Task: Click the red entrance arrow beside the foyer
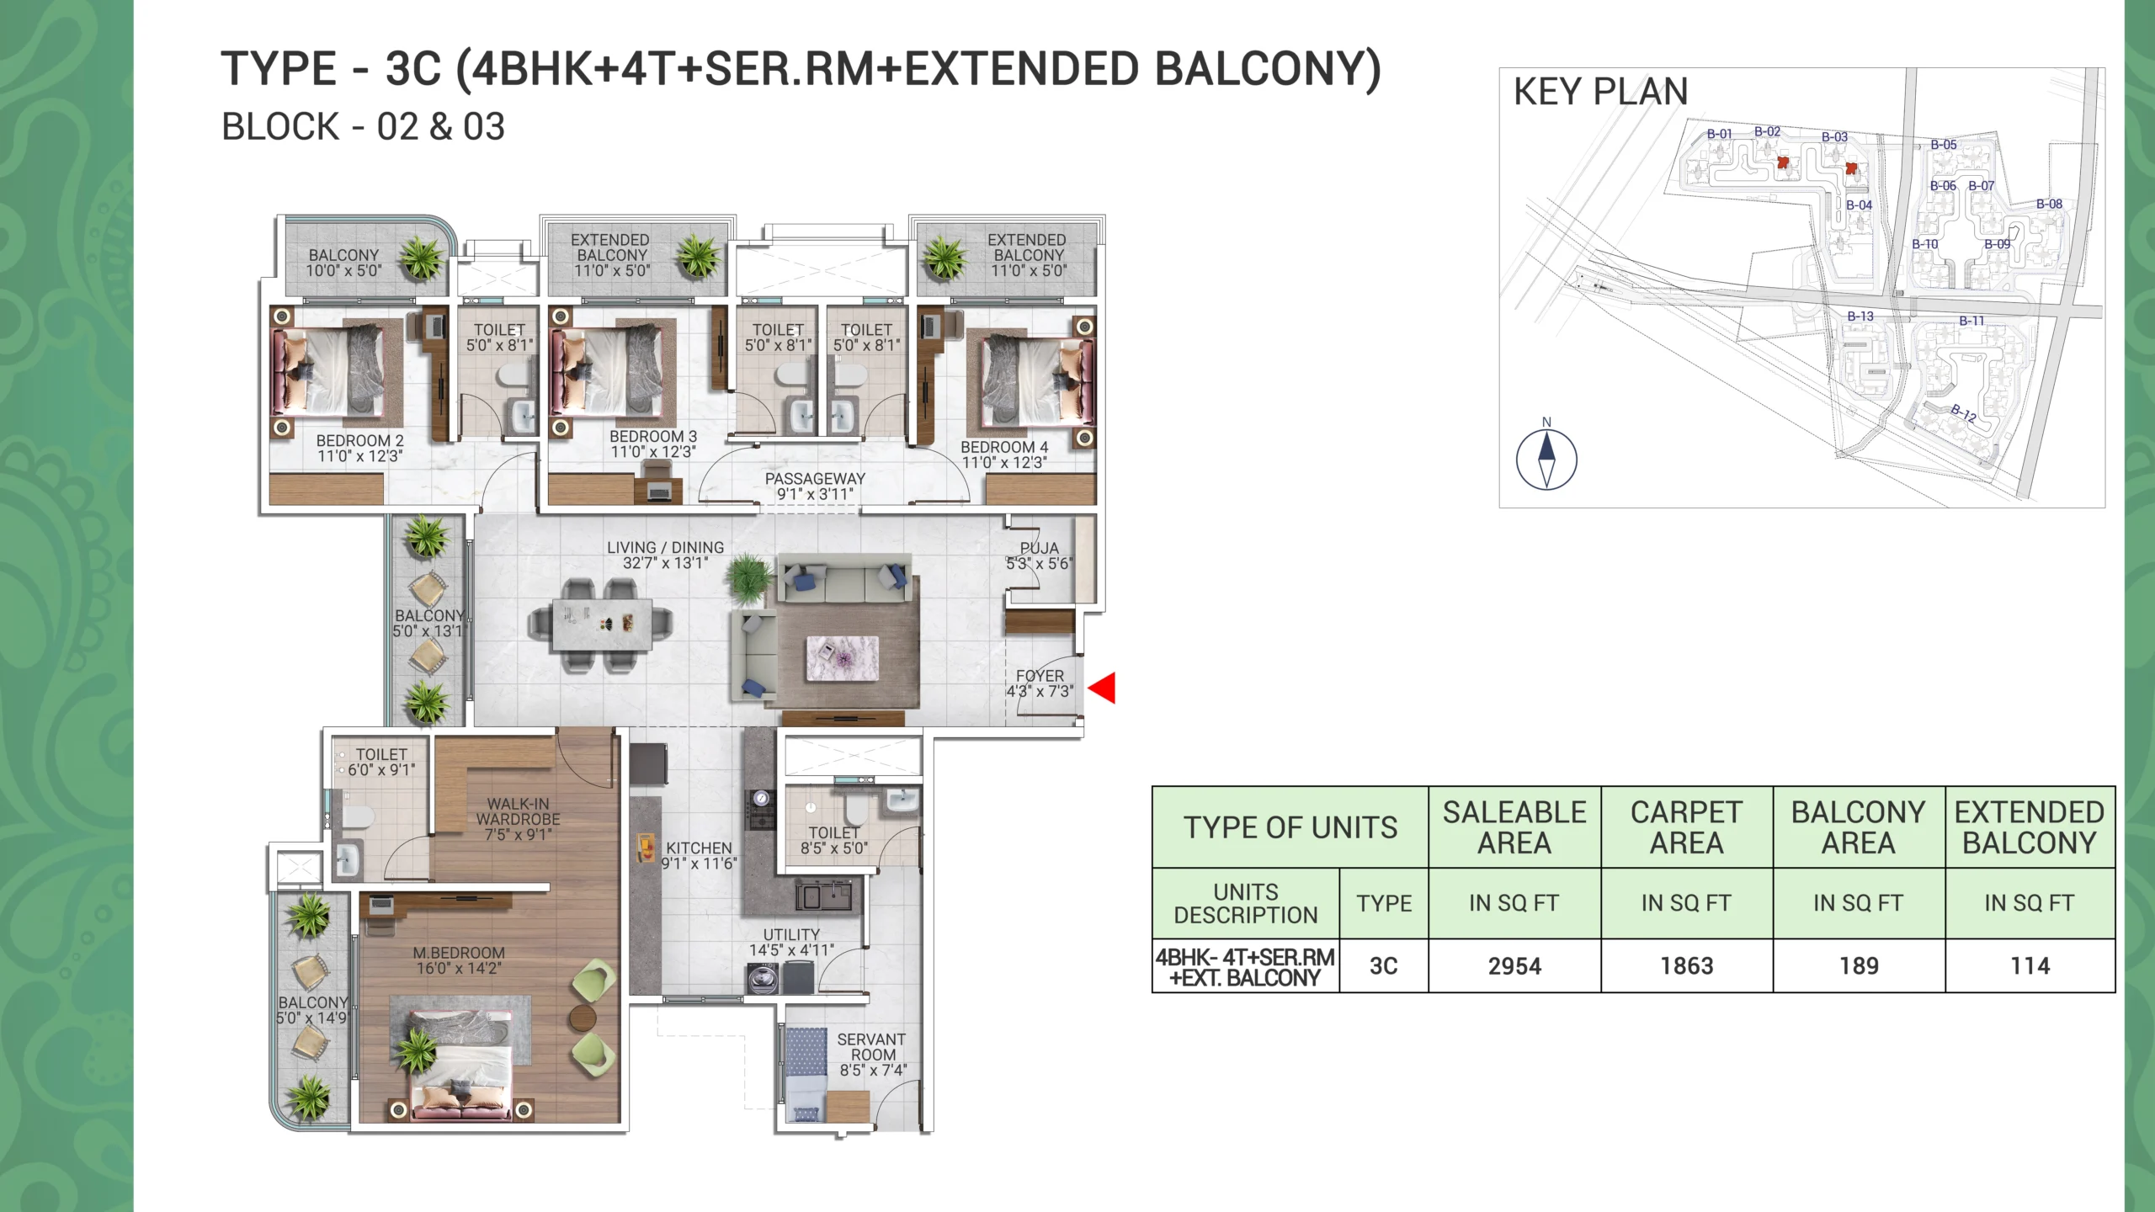coord(1103,688)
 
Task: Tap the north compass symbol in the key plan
coord(1546,460)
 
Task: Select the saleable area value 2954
coord(1514,966)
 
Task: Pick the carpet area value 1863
coord(1687,966)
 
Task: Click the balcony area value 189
coord(1859,966)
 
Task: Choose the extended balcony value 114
coord(2030,966)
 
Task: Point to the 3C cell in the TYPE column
coord(1384,966)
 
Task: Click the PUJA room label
coord(1040,548)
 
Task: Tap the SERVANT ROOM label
coord(872,1047)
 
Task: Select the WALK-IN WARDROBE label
coord(519,811)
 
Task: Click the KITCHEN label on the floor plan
coord(699,848)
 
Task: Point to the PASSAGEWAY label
coord(815,478)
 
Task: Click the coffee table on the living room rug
coord(843,658)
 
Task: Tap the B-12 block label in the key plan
coord(1963,412)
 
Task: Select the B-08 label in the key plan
coord(2049,204)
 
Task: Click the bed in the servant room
coord(806,1074)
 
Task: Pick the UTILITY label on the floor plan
coord(791,934)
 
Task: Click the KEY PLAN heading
coord(1601,92)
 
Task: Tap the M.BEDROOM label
coord(459,953)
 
